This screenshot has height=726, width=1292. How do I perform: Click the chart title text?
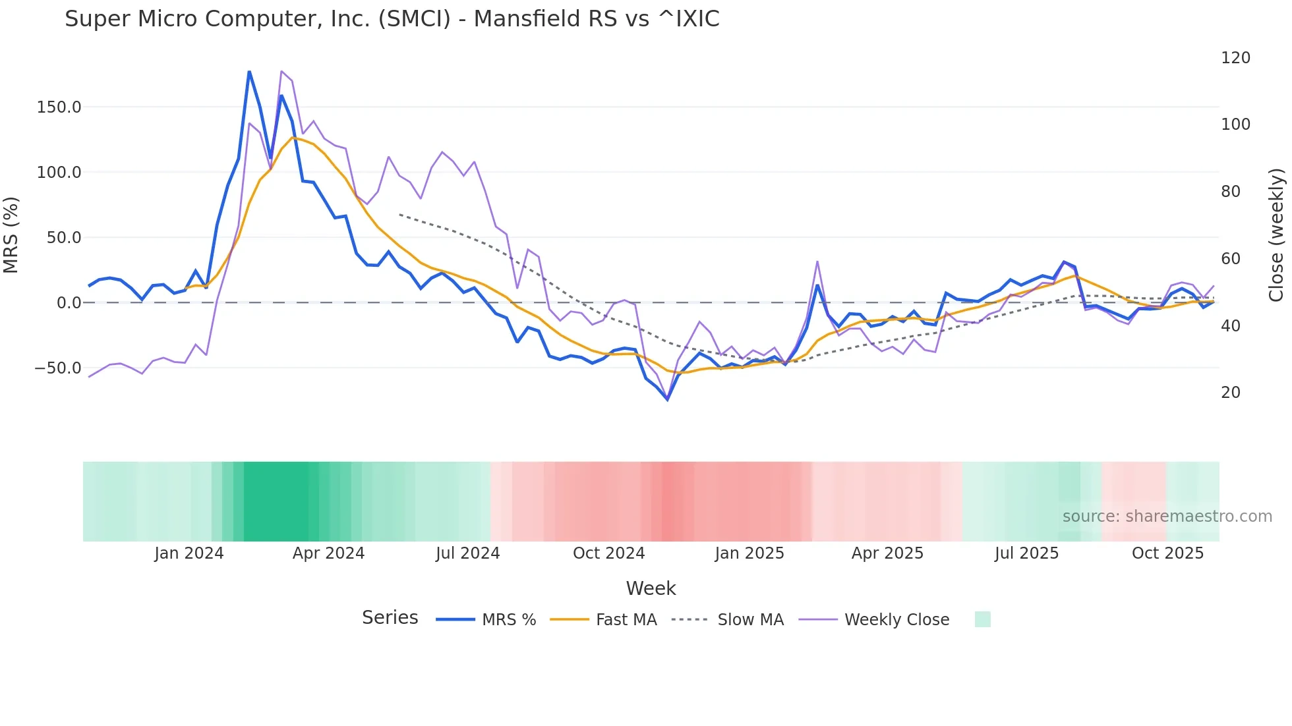click(392, 19)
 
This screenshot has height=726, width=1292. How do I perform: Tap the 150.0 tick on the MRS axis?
click(59, 107)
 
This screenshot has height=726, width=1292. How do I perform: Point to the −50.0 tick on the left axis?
click(57, 368)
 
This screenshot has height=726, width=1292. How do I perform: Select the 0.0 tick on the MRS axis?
click(69, 302)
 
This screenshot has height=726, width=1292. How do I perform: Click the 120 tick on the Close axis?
click(1235, 58)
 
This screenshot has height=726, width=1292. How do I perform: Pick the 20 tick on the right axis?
click(1231, 393)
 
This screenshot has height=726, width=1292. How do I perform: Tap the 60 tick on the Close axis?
click(1231, 259)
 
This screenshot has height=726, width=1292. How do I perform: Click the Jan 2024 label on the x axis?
click(189, 553)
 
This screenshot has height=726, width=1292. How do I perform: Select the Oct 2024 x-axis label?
click(608, 553)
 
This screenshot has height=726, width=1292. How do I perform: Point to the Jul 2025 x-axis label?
click(1026, 553)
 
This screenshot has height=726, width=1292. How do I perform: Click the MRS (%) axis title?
click(11, 235)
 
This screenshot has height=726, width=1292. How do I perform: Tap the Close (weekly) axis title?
click(1277, 235)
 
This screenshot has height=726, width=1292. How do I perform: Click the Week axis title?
click(651, 588)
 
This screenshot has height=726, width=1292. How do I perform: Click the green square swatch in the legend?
click(982, 619)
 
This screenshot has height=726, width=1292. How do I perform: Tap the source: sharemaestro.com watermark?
click(1167, 517)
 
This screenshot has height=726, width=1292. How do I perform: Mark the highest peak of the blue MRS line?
click(249, 71)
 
